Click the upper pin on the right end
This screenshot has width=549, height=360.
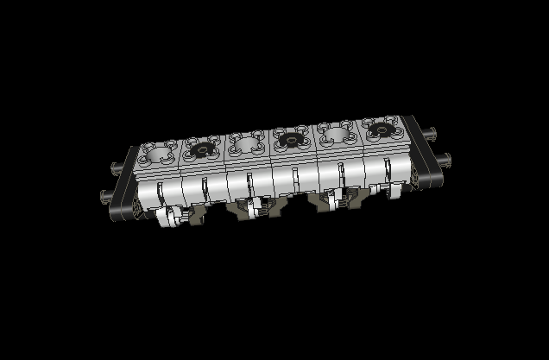point(428,134)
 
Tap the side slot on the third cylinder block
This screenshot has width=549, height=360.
point(250,182)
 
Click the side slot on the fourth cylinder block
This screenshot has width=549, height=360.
point(294,179)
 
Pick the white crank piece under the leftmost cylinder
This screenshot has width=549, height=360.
point(173,216)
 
